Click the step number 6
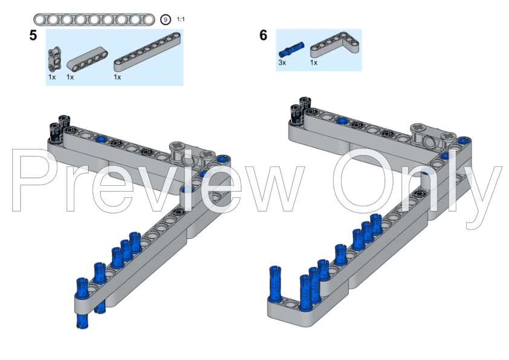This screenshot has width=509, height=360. click(263, 35)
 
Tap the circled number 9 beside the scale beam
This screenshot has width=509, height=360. click(166, 19)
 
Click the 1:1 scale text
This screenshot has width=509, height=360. click(181, 19)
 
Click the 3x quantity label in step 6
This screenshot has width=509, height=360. click(282, 62)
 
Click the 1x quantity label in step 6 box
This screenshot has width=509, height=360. click(314, 62)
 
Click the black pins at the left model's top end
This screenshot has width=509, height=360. click(59, 126)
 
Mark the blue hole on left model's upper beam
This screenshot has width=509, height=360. click(100, 139)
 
